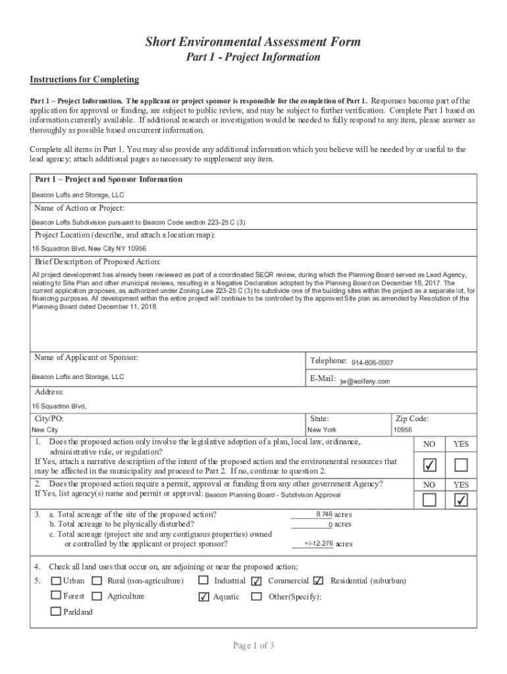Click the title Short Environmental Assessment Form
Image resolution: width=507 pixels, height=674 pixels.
[x=253, y=42]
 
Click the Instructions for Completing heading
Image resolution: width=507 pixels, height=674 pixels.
[x=84, y=80]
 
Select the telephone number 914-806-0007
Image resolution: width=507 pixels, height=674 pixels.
[x=372, y=363]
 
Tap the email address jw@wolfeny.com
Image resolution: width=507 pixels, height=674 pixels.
[x=365, y=381]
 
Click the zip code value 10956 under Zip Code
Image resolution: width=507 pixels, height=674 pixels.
[x=402, y=430]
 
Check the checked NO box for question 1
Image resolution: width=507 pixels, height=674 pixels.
[x=429, y=465]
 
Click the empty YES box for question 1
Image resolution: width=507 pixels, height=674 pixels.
[x=461, y=465]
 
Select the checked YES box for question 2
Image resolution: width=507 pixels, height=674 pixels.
[x=461, y=500]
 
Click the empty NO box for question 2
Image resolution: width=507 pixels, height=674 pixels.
[x=429, y=500]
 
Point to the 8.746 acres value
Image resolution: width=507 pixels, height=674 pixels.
[x=324, y=514]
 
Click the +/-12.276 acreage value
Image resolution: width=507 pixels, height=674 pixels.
[x=319, y=544]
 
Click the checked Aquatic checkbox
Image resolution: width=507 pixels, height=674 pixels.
[x=203, y=597]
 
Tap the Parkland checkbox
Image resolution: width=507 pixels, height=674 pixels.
[x=56, y=611]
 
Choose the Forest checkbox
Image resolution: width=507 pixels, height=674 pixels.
[x=56, y=596]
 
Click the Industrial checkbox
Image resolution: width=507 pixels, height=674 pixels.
[x=203, y=581]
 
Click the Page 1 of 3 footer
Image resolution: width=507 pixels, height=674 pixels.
[x=253, y=645]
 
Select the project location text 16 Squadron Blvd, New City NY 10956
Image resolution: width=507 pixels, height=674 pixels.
[x=89, y=249]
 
